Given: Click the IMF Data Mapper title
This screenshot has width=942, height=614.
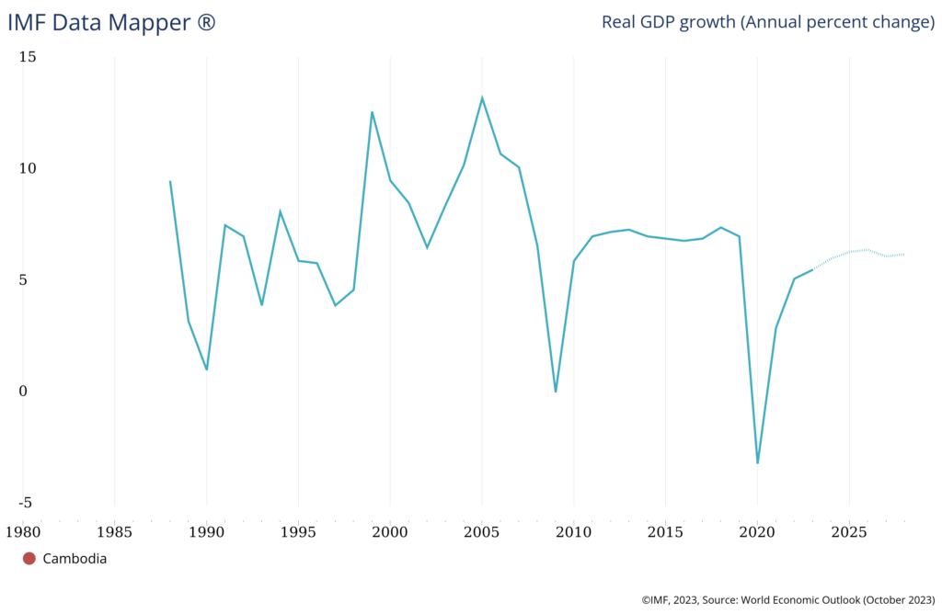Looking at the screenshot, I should point(111,22).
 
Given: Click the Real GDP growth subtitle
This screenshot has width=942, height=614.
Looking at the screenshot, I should point(767,22).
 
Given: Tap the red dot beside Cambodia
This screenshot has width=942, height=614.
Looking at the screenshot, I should point(29,558).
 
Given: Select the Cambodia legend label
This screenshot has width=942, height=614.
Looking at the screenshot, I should point(75,558).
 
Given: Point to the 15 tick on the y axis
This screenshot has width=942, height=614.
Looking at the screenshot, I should point(28,57).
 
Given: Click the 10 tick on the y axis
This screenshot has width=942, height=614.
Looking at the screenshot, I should point(28,168).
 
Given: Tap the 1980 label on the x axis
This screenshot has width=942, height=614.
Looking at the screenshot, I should point(23,531).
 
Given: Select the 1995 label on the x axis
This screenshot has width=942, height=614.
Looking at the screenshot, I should point(298,531).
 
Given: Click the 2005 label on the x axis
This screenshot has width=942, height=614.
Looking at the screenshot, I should point(482,531).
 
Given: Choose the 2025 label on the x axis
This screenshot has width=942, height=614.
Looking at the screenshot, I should point(849,531).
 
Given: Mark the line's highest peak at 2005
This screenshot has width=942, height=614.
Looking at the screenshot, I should point(482,97).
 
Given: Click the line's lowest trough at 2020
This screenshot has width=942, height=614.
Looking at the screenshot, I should point(757,462).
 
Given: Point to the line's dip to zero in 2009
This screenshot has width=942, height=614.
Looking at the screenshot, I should point(556,392).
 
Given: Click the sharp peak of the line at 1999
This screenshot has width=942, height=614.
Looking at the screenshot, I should point(372,112).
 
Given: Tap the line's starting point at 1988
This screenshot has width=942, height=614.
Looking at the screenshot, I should point(170,181).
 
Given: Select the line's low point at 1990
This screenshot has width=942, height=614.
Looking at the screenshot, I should point(206,370).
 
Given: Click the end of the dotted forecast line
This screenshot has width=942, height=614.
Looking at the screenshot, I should point(904,254).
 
